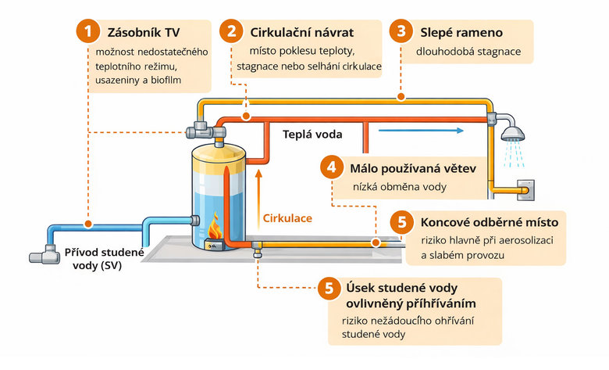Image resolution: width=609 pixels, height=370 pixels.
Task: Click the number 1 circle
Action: (x=88, y=32)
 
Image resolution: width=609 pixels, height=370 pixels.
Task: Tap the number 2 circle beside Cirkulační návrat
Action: (x=232, y=32)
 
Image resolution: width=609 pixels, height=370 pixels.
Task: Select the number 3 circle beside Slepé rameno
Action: (x=401, y=32)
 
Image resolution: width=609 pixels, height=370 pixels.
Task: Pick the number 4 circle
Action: (x=333, y=167)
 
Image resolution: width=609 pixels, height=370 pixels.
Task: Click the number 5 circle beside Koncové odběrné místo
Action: (x=402, y=221)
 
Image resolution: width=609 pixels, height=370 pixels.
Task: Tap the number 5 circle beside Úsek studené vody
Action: (x=328, y=287)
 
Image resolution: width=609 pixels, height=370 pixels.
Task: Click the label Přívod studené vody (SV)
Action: (x=105, y=259)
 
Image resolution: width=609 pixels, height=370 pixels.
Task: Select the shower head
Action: (x=512, y=131)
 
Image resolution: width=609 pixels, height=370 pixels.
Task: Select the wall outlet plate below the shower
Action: (x=523, y=189)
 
